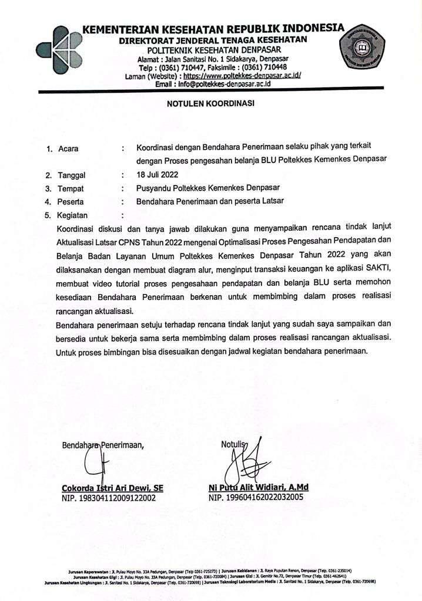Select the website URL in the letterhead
tap(243, 76)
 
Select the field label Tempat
tap(70, 188)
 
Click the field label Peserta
tap(71, 202)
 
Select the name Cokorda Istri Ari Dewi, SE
tap(112, 488)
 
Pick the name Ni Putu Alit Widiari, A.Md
tap(258, 488)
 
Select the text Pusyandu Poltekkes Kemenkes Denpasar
tap(207, 188)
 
